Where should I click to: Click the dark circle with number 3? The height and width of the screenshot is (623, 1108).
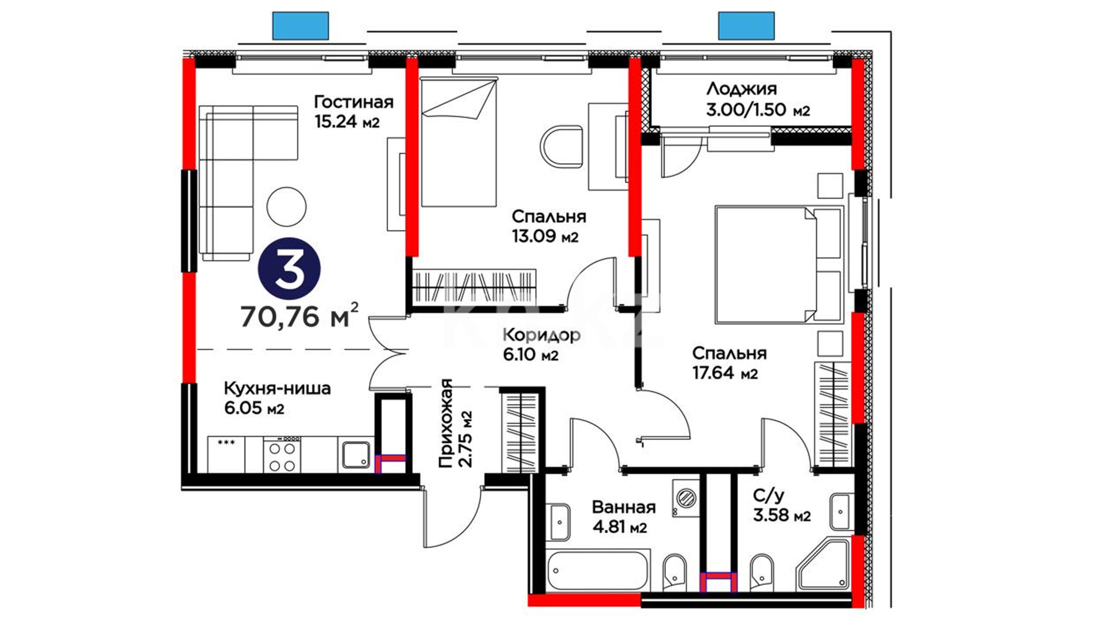click(289, 270)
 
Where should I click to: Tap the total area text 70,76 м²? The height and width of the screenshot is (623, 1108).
click(300, 315)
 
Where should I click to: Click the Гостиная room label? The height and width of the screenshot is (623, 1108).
click(353, 102)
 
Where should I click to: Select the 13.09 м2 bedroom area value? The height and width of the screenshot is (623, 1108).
click(545, 237)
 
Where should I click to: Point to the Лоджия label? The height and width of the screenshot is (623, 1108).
click(742, 89)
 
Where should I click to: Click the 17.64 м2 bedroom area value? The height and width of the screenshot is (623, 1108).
click(725, 373)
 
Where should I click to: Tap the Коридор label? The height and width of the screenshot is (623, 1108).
click(541, 335)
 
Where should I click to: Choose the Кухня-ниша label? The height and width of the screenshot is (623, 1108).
click(277, 388)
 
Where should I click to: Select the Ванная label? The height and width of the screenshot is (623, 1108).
click(624, 507)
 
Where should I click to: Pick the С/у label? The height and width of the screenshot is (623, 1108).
click(769, 496)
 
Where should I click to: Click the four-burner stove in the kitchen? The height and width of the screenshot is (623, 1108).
click(282, 455)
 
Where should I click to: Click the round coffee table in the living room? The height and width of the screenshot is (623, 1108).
click(287, 207)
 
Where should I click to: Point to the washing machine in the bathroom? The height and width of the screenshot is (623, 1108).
click(686, 497)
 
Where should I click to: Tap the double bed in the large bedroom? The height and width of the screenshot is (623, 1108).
click(778, 264)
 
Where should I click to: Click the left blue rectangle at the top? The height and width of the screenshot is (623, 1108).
click(300, 26)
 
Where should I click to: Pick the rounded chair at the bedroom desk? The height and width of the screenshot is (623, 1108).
click(562, 147)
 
